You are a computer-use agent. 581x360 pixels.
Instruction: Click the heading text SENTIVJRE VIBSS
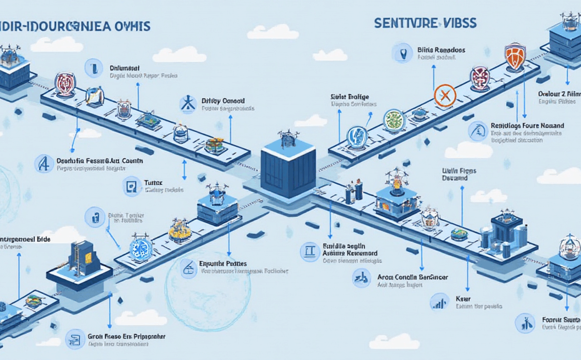coord(425,23)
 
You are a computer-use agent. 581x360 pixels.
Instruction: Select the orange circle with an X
coord(445,96)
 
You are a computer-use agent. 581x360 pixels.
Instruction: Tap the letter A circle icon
coord(45,164)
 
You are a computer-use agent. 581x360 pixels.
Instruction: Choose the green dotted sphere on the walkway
coord(394,119)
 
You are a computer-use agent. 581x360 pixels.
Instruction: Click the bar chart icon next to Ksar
coord(439,302)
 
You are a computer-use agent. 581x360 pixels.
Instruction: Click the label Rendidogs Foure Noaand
coord(527,126)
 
